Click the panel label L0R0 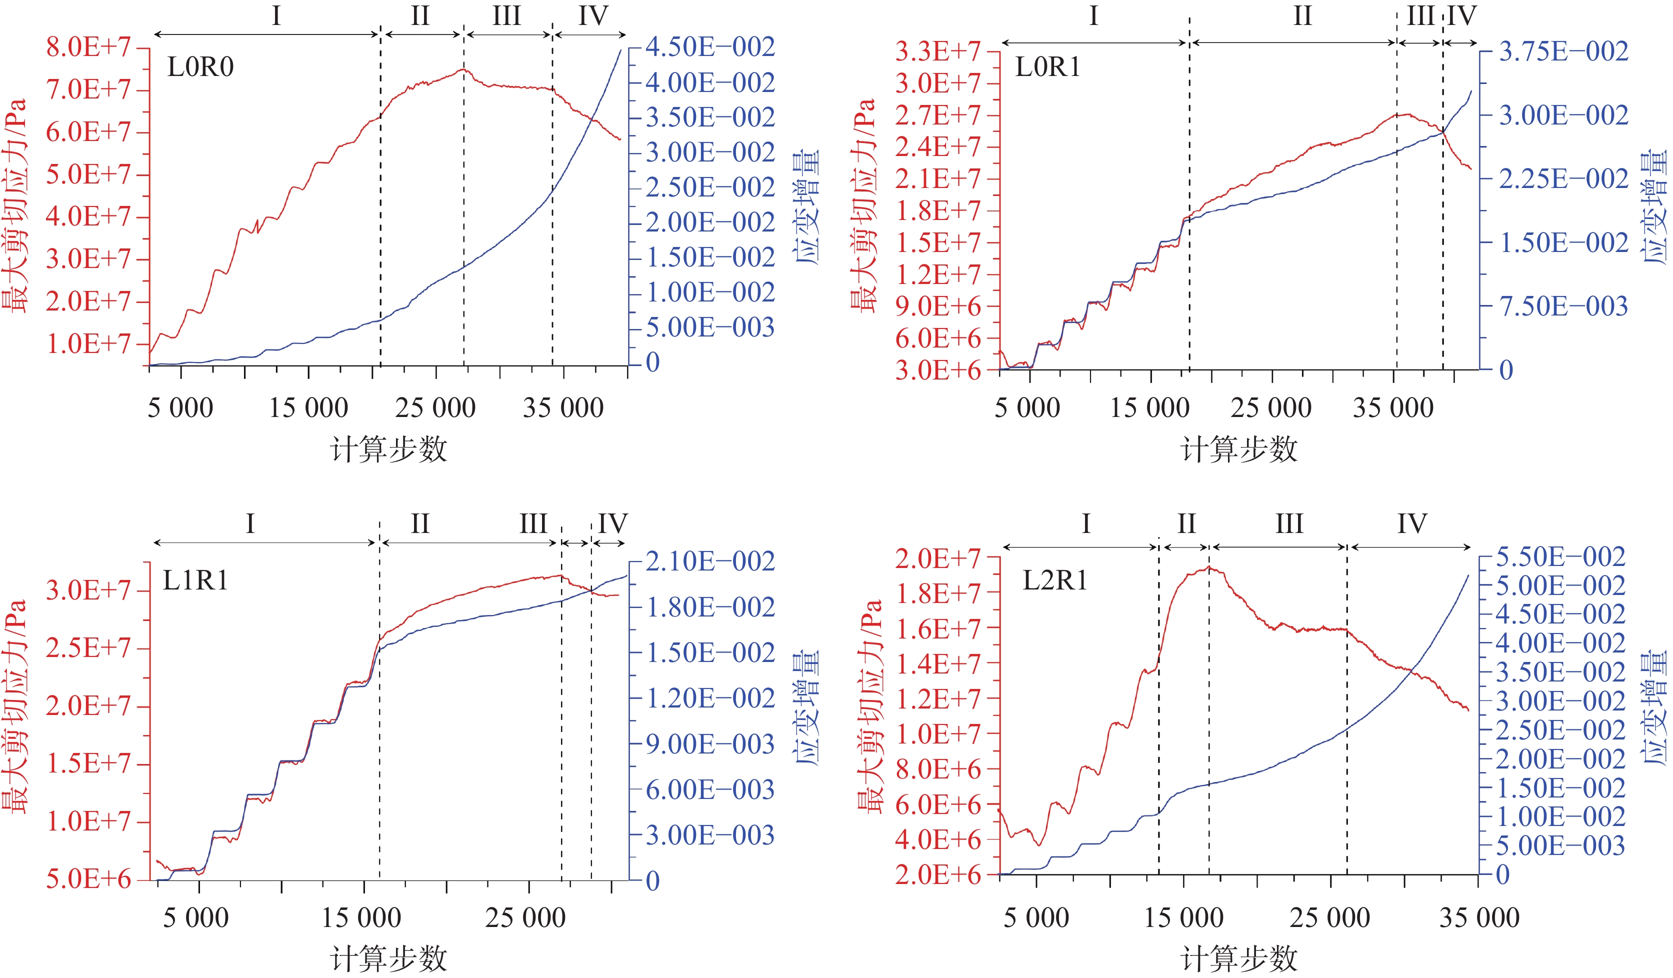tap(200, 67)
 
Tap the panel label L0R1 tap(1047, 67)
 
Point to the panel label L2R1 tap(1055, 581)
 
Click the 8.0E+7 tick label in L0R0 tap(88, 47)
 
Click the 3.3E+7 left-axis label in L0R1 tap(937, 51)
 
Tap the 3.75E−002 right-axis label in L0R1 tap(1563, 51)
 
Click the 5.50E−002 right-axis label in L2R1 tap(1560, 556)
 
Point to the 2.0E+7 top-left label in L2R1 tap(937, 558)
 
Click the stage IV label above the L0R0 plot tap(593, 16)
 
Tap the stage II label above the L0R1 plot tap(1302, 16)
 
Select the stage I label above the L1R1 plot tap(250, 524)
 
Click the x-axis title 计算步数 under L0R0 tap(389, 449)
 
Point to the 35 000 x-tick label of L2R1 tap(1479, 917)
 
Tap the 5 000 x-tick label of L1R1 tap(196, 917)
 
